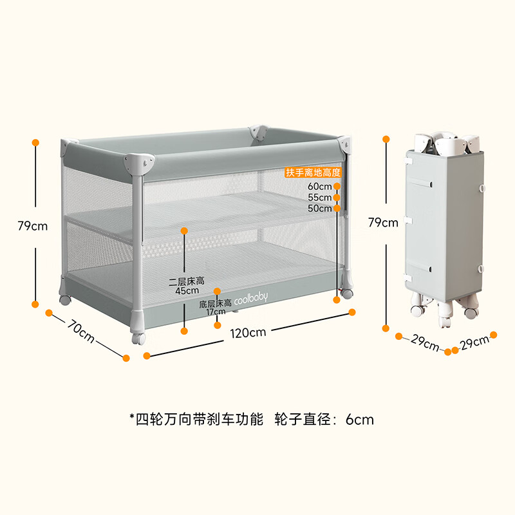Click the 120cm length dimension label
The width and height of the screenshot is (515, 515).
[248, 333]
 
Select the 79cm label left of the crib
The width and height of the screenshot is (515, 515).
[32, 225]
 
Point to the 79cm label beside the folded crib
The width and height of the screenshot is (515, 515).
[382, 223]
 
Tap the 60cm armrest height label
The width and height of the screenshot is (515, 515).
[319, 187]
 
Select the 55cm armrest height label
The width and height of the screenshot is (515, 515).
[319, 198]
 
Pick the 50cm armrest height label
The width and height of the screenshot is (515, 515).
[319, 209]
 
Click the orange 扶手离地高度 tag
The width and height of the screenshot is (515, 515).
[313, 173]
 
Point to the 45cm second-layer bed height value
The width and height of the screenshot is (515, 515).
[187, 290]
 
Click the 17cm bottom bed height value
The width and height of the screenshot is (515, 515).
[217, 312]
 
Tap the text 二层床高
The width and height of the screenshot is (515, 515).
[186, 281]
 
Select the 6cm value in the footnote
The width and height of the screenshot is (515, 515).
[359, 420]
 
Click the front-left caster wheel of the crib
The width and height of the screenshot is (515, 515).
[138, 338]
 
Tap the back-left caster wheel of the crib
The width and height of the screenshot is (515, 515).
[65, 300]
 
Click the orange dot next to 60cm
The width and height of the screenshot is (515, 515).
[337, 187]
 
